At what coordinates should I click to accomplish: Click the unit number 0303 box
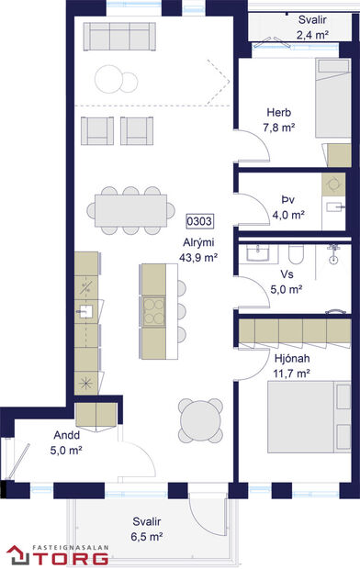click(x=199, y=220)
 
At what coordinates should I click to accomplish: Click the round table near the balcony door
click(x=199, y=423)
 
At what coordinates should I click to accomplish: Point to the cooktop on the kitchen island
click(x=152, y=307)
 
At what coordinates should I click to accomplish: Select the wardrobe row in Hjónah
click(x=293, y=328)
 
